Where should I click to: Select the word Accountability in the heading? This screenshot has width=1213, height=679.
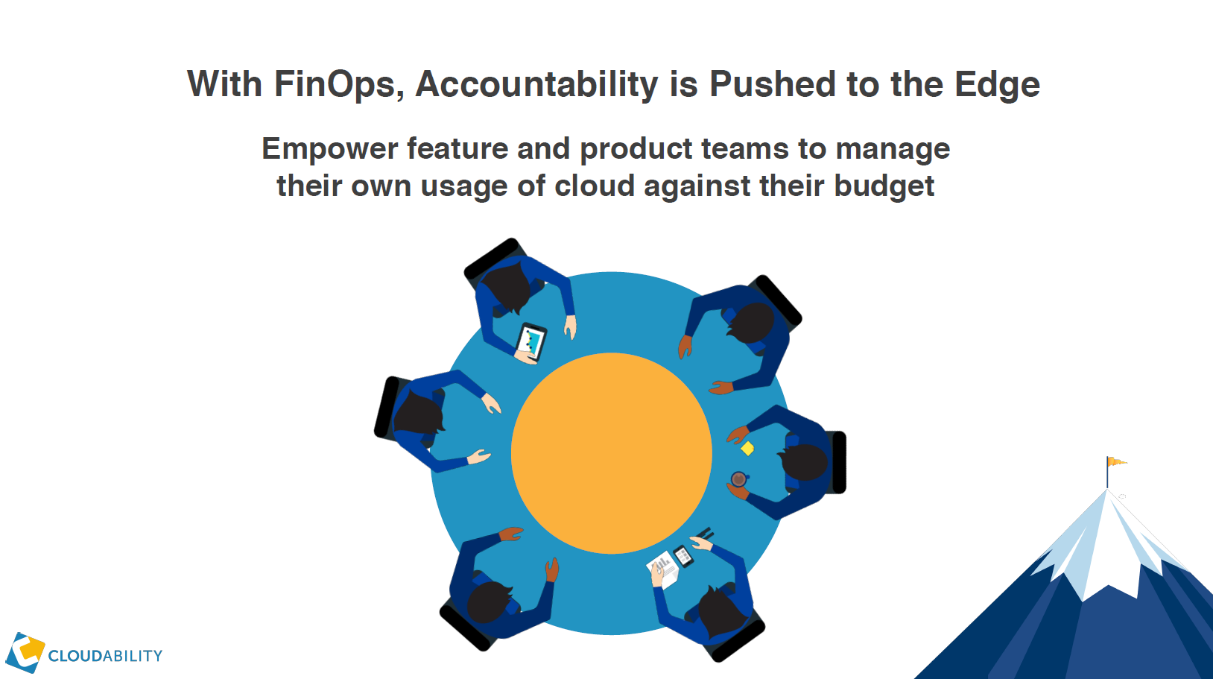[x=536, y=84]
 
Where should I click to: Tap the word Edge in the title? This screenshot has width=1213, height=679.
[x=997, y=84]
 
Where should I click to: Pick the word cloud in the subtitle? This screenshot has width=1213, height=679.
[x=595, y=186]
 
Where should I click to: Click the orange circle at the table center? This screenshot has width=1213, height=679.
[x=612, y=453]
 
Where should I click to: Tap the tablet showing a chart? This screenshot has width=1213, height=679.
[x=531, y=342]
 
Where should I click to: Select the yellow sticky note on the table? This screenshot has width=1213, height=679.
[x=747, y=448]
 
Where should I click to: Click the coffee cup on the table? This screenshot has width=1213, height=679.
[x=738, y=479]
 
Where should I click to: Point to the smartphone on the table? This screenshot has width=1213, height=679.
[x=683, y=557]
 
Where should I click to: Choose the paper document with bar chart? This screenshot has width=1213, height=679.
[x=663, y=569]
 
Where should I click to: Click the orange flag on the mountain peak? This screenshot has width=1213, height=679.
[x=1116, y=461]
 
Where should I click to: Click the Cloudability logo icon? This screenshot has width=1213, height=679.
[x=25, y=652]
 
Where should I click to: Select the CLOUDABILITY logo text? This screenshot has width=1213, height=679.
[x=105, y=656]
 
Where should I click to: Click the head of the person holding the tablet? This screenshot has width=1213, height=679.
[x=507, y=287]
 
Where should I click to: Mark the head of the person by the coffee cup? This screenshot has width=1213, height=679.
[x=804, y=462]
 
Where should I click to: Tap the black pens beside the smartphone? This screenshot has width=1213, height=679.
[x=706, y=533]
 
